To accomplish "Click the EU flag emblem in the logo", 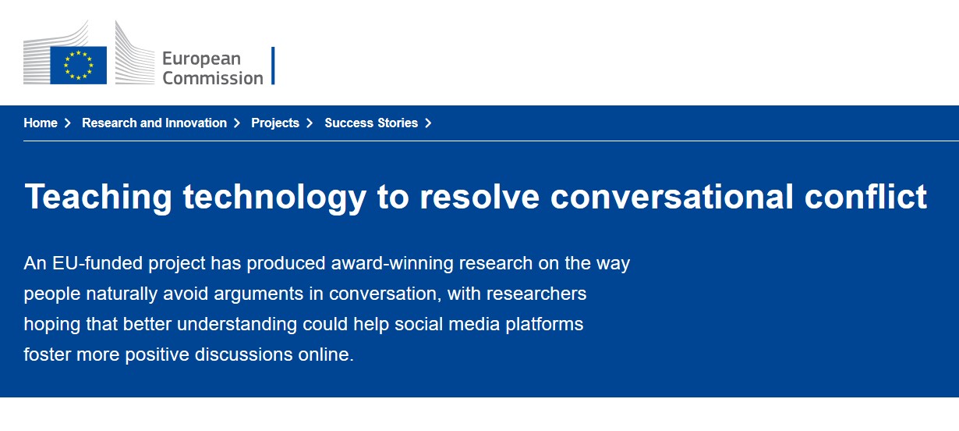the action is (x=78, y=65).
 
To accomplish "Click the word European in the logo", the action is (x=202, y=59).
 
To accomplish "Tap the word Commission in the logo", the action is (x=213, y=78).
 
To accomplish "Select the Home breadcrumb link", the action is (x=41, y=123).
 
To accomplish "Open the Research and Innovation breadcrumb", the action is (x=154, y=123).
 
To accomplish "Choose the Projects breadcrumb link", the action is (x=275, y=123).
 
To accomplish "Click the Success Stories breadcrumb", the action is (x=371, y=123).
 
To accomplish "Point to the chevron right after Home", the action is (x=67, y=123).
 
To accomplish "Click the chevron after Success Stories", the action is (x=428, y=123).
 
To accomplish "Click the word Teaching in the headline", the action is (x=98, y=198).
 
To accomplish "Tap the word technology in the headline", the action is (x=274, y=198).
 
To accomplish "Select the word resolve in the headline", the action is (x=479, y=197).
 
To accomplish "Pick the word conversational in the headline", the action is (x=672, y=197).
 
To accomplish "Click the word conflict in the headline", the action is (x=865, y=197).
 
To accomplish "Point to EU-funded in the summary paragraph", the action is (x=97, y=263).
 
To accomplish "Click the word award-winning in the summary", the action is (x=392, y=264).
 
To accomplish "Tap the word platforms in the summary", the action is (x=544, y=325).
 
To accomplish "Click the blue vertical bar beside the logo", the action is (x=273, y=66).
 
